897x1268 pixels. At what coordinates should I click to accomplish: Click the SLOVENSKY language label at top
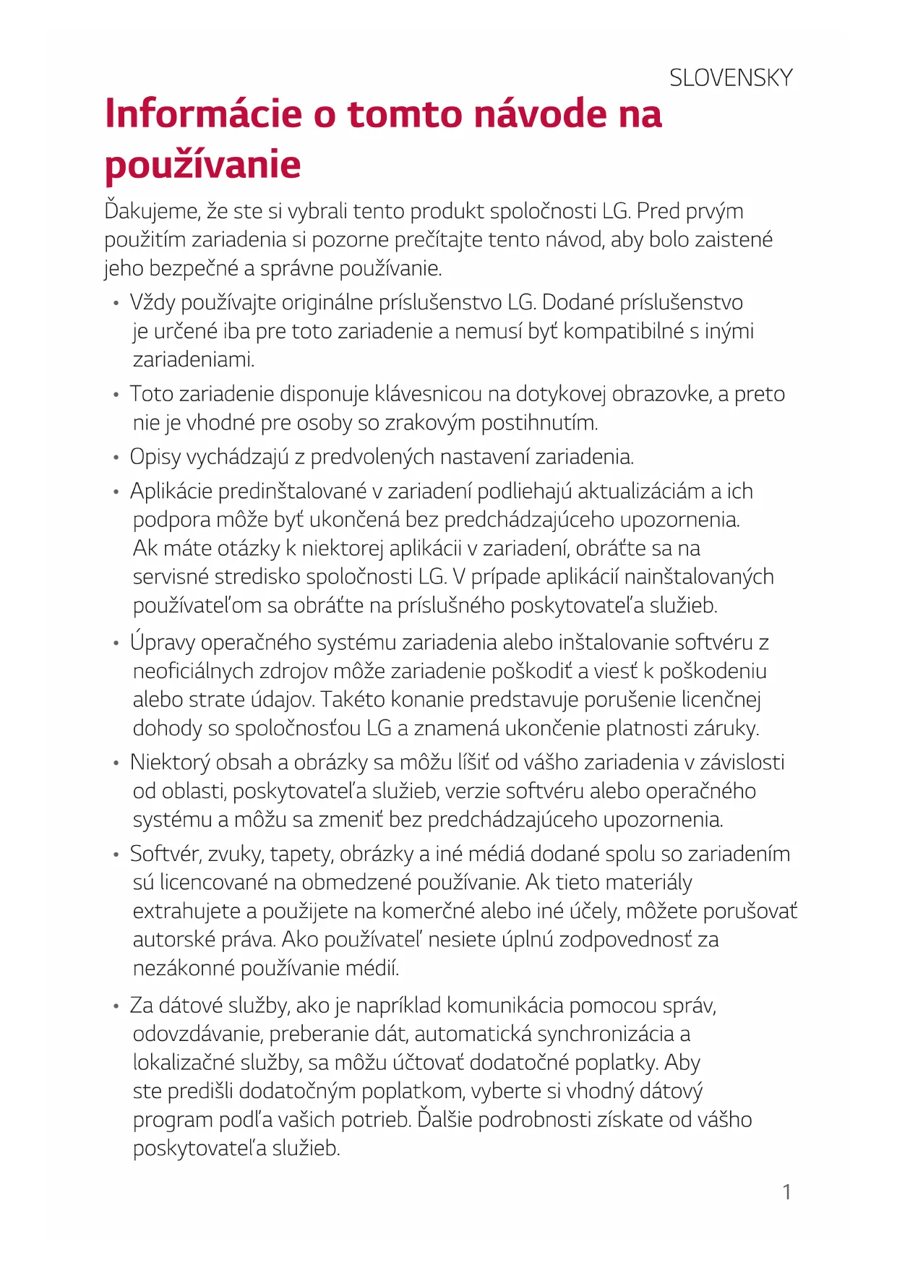click(730, 78)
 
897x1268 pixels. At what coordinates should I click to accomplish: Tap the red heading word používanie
click(203, 165)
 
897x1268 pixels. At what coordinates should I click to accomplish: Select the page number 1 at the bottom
click(786, 1192)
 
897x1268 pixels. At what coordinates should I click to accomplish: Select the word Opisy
click(155, 457)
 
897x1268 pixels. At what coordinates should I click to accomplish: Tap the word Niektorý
click(170, 763)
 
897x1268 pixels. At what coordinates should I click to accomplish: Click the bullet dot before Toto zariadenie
click(116, 395)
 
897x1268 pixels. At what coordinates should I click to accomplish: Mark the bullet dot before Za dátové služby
click(116, 1006)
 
